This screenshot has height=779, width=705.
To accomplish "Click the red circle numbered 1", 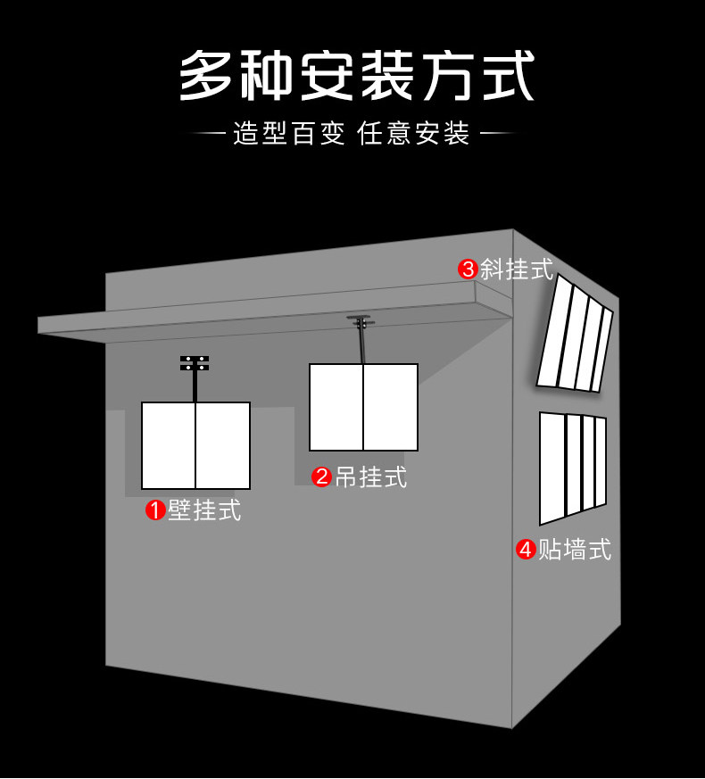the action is (155, 510).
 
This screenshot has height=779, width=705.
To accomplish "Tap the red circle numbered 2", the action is (322, 477).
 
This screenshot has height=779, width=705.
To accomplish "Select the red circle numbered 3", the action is (468, 269).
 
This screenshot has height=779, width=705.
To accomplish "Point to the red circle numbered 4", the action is (526, 549).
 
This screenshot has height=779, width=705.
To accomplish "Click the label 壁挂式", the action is (204, 510).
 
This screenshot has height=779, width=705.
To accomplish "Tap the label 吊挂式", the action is (370, 477).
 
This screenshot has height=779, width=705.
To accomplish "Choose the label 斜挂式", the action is (516, 269).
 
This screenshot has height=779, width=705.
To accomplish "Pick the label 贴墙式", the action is (575, 549).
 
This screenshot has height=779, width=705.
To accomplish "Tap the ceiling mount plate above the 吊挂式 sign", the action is (362, 320).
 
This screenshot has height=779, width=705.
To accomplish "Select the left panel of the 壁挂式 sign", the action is (168, 445).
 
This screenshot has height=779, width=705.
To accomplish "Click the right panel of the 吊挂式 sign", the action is (391, 408).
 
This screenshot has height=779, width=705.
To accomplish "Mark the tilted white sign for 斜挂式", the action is (575, 333).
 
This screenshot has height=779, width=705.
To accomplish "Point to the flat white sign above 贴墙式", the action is (573, 468).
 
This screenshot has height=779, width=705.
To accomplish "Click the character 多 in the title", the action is (204, 75).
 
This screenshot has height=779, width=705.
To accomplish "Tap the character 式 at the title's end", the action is (509, 75).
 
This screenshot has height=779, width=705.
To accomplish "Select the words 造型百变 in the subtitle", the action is (289, 133).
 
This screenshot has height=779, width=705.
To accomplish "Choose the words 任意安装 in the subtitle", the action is (413, 133).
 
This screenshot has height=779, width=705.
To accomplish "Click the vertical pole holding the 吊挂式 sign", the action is (362, 344).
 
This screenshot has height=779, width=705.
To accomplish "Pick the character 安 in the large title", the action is (327, 75).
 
